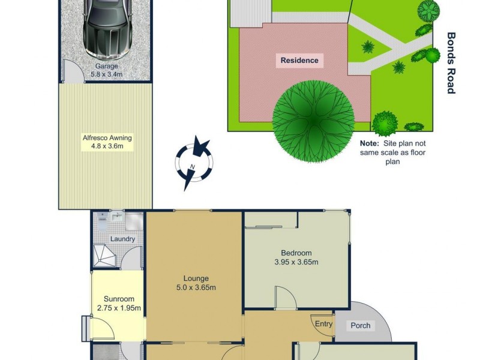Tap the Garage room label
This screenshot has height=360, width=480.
106,67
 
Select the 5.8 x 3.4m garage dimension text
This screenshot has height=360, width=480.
106,74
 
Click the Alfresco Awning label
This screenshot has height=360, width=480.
107,137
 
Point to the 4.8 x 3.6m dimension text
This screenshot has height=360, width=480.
107,146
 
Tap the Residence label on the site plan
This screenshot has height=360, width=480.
299,60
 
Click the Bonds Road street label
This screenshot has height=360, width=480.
451,63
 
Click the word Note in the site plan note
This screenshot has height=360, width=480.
370,144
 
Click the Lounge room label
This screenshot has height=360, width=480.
196,278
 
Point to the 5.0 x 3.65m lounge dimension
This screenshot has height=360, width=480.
196,287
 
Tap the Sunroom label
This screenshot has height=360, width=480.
119,299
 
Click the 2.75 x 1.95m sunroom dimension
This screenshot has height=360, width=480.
119,308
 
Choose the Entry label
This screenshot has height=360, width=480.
323,324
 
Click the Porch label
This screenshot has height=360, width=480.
361,326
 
